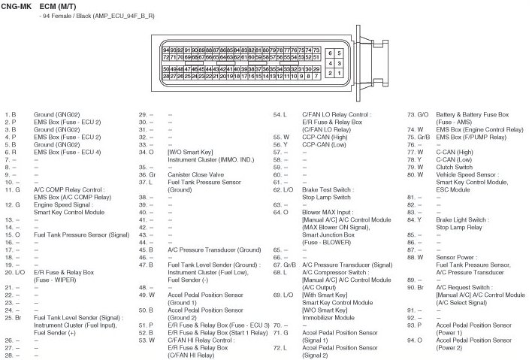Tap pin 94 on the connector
click(166, 50)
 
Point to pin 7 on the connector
click(319, 76)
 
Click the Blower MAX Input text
click(328, 212)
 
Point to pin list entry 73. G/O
click(417, 114)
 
